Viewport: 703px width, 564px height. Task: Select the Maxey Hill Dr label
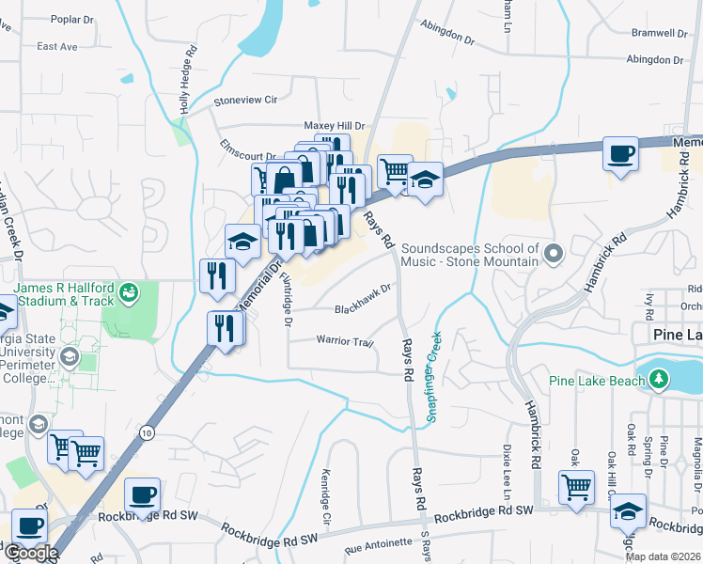(x=334, y=126)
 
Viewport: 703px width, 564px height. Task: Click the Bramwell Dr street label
(x=661, y=32)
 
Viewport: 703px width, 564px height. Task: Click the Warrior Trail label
(x=345, y=341)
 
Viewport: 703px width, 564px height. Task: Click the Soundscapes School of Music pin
(x=555, y=253)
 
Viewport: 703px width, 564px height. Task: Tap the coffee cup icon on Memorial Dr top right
(x=621, y=154)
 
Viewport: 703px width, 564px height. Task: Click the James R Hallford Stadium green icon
(x=129, y=293)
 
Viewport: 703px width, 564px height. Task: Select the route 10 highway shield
(x=146, y=431)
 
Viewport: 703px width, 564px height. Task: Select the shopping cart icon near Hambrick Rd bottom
(x=576, y=488)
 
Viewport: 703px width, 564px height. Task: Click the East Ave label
(x=56, y=46)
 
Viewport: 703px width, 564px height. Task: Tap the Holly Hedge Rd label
(x=187, y=81)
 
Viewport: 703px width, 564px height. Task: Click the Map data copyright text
(x=663, y=556)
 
